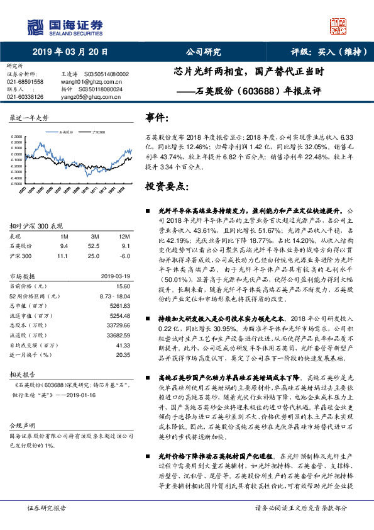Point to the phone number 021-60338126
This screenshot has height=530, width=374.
(x=25, y=97)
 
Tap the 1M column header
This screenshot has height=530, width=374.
(x=63, y=236)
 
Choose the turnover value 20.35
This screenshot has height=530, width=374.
(x=123, y=355)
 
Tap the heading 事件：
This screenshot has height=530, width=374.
(x=157, y=118)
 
